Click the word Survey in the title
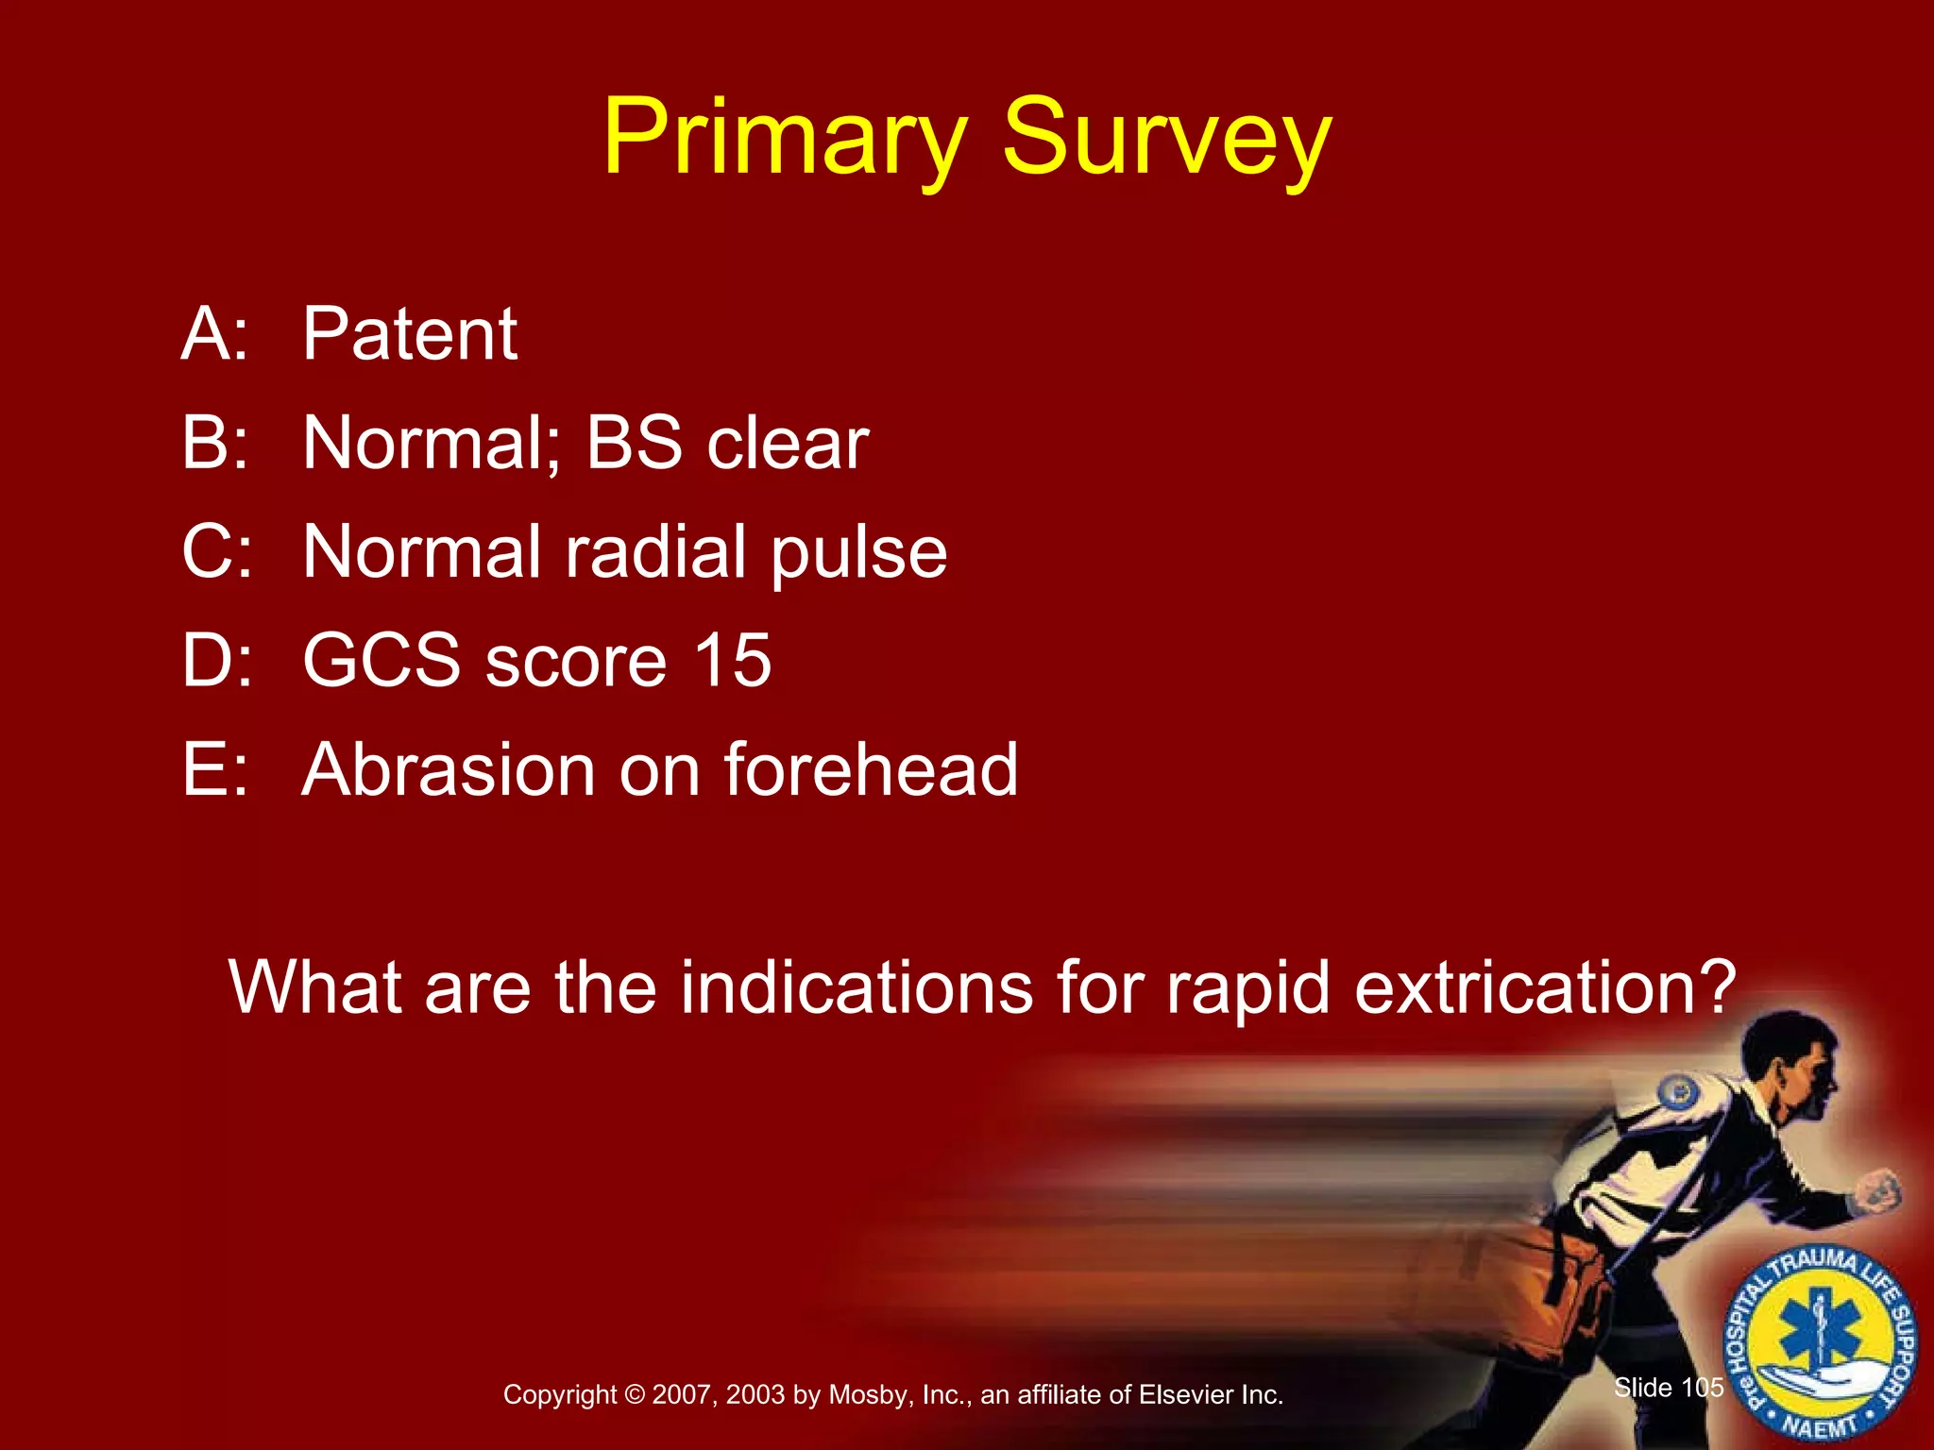pos(1165,140)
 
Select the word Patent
pos(410,334)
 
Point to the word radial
pos(655,551)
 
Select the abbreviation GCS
pos(382,660)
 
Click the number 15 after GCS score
pos(733,660)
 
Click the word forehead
pos(871,769)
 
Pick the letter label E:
pos(215,769)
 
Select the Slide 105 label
pos(1669,1388)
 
